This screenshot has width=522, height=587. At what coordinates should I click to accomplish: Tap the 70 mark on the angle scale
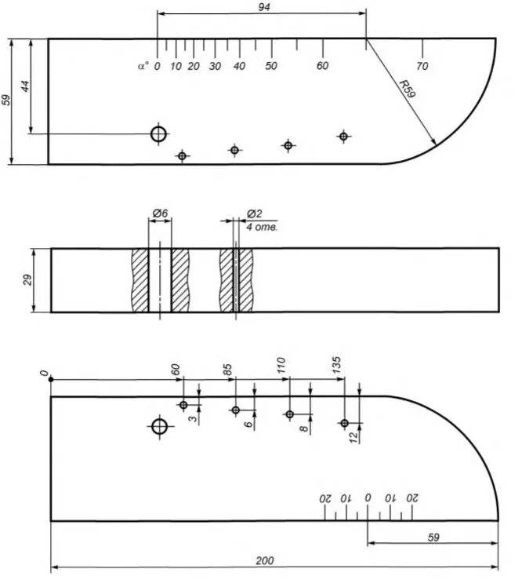coord(422,67)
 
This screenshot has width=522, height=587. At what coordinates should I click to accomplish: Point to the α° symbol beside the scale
coord(142,67)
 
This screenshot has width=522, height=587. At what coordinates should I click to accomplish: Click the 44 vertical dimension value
coord(25,86)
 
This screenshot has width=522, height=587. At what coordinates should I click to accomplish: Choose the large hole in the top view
coord(159,134)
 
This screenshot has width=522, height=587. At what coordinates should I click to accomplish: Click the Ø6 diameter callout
coord(159,213)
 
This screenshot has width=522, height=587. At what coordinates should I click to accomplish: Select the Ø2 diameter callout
coord(254,213)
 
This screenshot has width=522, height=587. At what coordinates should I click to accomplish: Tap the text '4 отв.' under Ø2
coord(262,226)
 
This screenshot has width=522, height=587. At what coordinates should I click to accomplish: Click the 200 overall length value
coord(265,560)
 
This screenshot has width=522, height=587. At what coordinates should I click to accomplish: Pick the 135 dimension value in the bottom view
coord(337,365)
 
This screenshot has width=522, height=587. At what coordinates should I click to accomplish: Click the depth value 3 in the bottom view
coord(192,418)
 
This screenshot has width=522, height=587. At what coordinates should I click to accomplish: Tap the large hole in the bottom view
coord(160,427)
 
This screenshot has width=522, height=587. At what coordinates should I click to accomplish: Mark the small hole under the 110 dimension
coord(289,414)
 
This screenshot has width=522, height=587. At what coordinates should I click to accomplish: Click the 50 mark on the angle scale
coord(271,67)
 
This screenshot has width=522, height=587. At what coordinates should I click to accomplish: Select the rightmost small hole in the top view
coord(343,137)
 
